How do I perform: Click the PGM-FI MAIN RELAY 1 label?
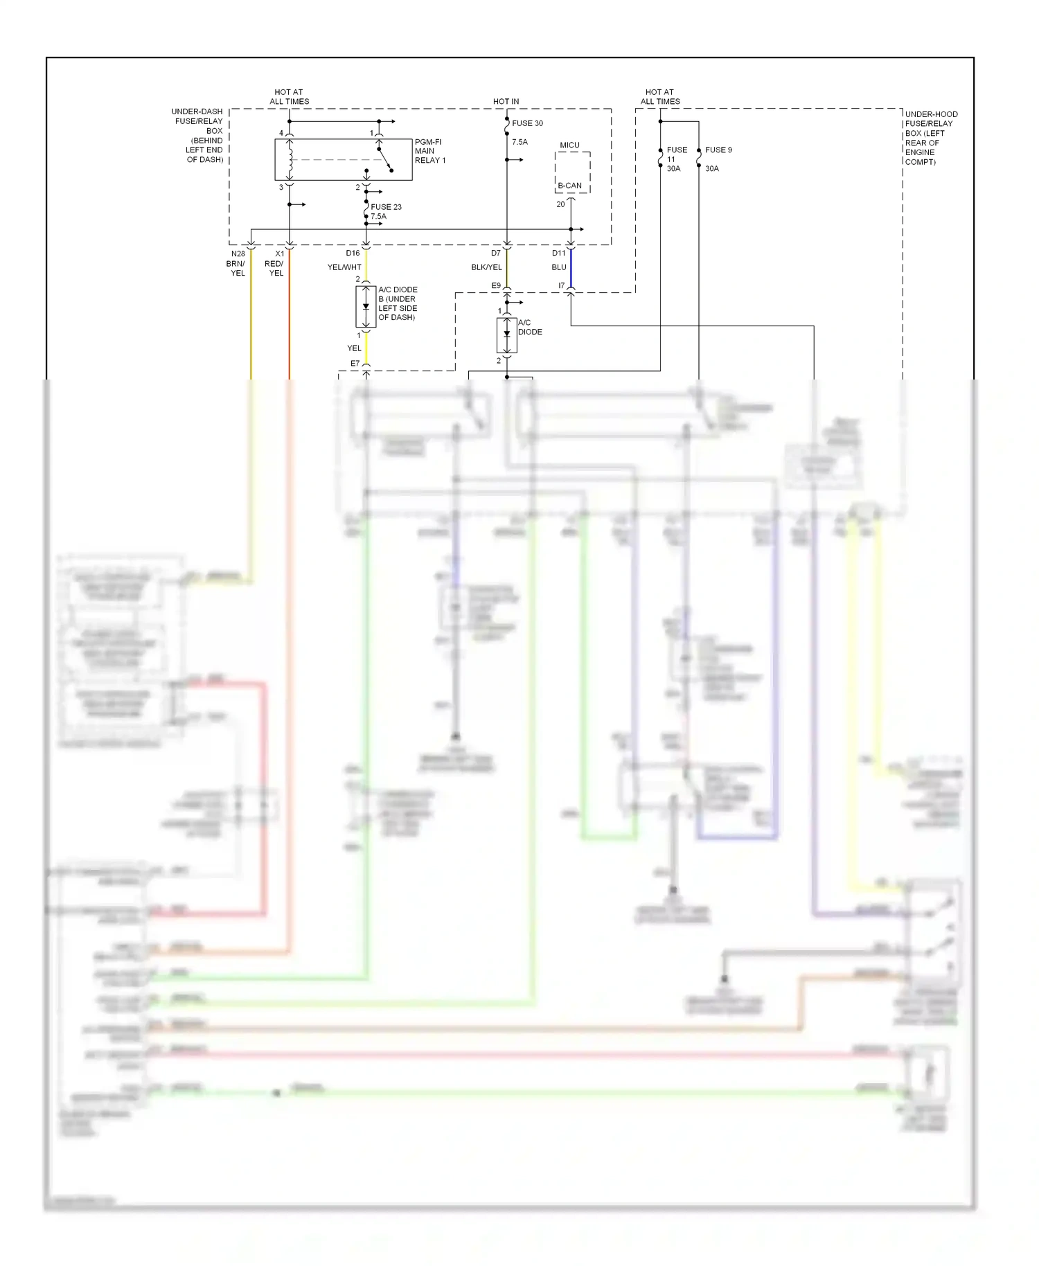tap(429, 151)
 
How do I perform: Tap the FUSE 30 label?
tap(527, 123)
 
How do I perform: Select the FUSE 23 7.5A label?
tap(385, 211)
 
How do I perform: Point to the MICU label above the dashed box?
tap(569, 145)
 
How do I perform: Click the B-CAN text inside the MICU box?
tap(569, 186)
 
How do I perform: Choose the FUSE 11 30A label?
tap(675, 159)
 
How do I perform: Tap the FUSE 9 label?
tap(718, 150)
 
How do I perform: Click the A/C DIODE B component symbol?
tap(366, 307)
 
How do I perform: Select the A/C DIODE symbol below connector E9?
tap(506, 335)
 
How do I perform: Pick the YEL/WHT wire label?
tap(344, 267)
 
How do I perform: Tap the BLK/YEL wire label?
tap(486, 267)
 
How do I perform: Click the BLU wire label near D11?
tap(559, 267)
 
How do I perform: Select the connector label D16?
tap(353, 253)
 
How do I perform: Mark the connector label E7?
tap(355, 364)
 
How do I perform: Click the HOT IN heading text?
tap(506, 102)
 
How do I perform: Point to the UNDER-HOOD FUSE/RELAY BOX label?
tap(930, 138)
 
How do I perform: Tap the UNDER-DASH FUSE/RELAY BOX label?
tap(199, 135)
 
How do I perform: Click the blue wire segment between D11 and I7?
tap(571, 269)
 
